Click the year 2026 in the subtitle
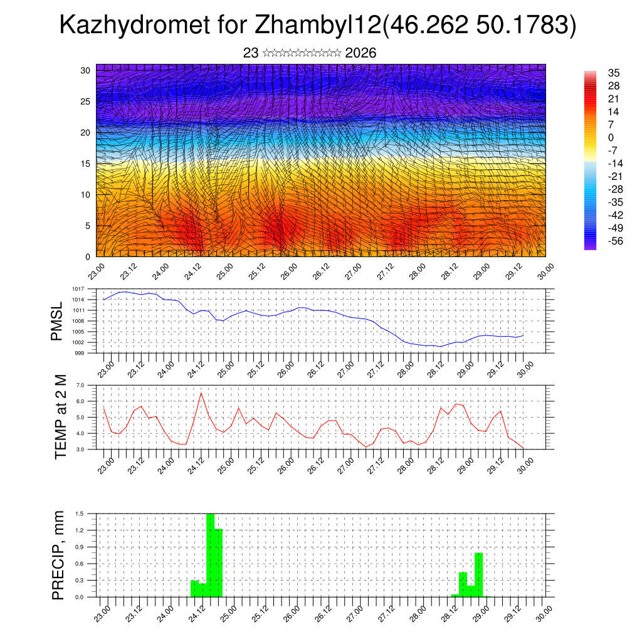point(360,53)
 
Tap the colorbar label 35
point(614,73)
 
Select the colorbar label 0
point(611,138)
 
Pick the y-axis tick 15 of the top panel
point(87,164)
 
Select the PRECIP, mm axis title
point(59,554)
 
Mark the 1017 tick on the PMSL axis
point(78,289)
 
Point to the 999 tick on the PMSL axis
point(79,353)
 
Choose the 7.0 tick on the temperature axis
point(80,386)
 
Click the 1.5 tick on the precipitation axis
point(80,513)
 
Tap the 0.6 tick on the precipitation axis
point(80,564)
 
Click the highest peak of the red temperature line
point(201,393)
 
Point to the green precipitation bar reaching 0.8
point(478,574)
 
